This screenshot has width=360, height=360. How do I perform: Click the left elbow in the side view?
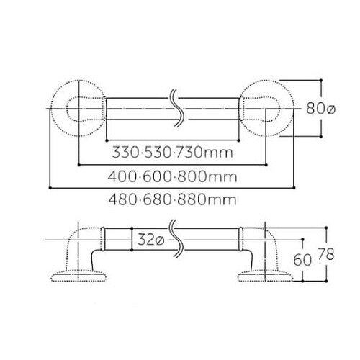81,248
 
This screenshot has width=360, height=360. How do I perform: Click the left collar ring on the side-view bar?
104,240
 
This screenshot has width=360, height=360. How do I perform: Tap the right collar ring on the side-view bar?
241,240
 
